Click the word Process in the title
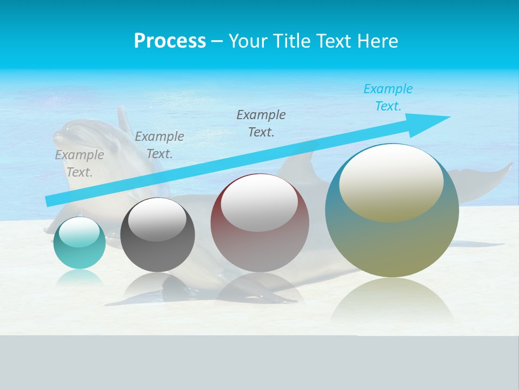pyautogui.click(x=170, y=41)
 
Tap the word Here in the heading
pyautogui.click(x=376, y=41)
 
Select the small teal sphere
pyautogui.click(x=79, y=243)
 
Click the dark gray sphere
pyautogui.click(x=157, y=235)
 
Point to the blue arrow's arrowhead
pyautogui.click(x=432, y=119)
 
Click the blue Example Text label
pyautogui.click(x=388, y=97)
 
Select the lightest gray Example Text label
pyautogui.click(x=79, y=163)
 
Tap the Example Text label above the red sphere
pyautogui.click(x=261, y=123)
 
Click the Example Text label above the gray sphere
pyautogui.click(x=159, y=145)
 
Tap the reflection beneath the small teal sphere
pyautogui.click(x=79, y=277)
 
